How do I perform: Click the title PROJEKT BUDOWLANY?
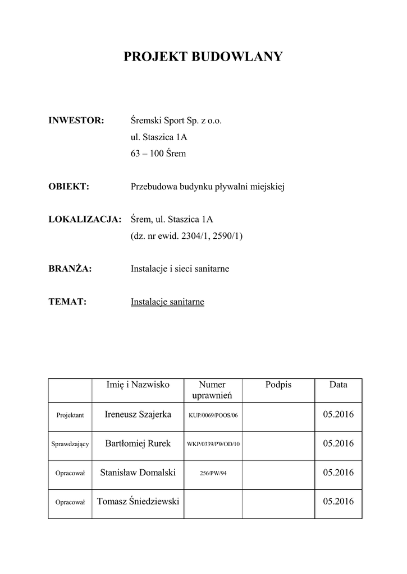(203, 57)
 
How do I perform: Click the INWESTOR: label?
(76, 121)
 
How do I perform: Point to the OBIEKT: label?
(69, 187)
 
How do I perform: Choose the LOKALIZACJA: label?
(85, 219)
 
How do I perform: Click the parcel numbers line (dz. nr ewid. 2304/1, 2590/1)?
(186, 236)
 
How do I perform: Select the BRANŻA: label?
(70, 269)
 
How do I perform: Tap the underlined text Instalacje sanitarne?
(167, 302)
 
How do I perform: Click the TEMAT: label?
(67, 302)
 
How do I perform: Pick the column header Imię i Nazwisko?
(138, 385)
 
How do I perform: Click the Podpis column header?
(278, 385)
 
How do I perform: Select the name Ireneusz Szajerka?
(138, 415)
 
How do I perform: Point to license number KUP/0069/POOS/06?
(213, 415)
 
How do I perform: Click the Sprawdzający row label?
(70, 445)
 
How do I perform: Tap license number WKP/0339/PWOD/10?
(213, 445)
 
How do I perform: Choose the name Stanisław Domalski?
(138, 473)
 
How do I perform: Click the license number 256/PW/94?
(213, 473)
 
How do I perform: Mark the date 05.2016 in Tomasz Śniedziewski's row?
(338, 501)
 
